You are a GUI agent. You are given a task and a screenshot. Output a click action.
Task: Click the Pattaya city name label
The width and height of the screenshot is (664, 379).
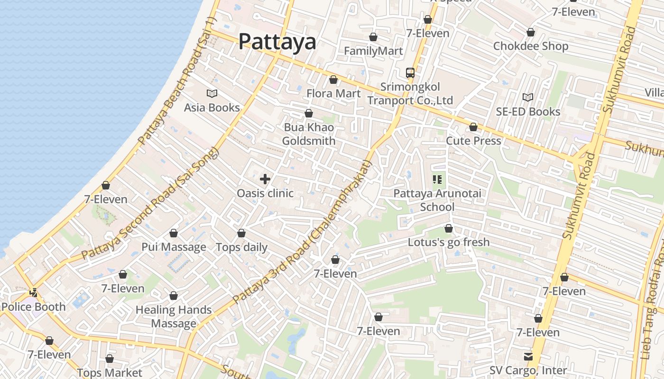tap(277, 42)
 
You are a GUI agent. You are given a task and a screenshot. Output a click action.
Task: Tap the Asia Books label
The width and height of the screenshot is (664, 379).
tap(212, 108)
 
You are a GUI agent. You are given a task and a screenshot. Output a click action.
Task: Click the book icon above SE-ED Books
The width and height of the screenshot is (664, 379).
tap(528, 97)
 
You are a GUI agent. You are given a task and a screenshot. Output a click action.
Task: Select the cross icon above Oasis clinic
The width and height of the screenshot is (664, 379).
tap(265, 179)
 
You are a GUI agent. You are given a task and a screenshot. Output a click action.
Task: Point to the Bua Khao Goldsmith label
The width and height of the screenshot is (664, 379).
tap(309, 134)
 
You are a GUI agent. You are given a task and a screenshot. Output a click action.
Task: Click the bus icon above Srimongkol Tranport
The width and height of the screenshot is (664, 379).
tap(410, 73)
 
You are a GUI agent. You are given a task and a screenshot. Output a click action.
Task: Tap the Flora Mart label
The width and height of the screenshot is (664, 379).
tap(333, 93)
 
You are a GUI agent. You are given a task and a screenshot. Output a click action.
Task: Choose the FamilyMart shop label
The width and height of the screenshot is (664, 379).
tap(373, 51)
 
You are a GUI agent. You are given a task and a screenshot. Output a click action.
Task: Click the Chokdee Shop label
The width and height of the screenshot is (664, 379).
tap(530, 46)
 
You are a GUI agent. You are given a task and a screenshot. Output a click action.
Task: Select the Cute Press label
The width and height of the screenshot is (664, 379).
tap(473, 141)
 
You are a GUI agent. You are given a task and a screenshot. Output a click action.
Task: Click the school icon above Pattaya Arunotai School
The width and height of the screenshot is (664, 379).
tap(437, 179)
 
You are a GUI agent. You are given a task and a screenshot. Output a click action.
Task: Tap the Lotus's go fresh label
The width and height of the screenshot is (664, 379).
tap(449, 242)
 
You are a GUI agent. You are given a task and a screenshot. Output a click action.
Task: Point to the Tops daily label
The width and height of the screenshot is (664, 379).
tap(241, 247)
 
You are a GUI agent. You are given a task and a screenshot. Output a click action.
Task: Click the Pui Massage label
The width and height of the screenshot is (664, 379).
tap(174, 247)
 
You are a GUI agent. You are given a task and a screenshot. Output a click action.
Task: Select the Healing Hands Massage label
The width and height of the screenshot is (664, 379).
tap(174, 316)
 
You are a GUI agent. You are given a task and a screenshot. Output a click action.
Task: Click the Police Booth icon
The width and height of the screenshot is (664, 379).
tap(33, 293)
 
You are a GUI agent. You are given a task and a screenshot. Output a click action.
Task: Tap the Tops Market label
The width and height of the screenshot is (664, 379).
tap(110, 373)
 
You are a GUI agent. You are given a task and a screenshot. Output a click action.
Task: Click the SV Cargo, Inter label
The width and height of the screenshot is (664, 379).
tap(528, 370)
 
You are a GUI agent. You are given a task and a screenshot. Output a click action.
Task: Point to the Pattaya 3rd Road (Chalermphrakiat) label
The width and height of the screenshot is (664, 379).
tap(304, 232)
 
